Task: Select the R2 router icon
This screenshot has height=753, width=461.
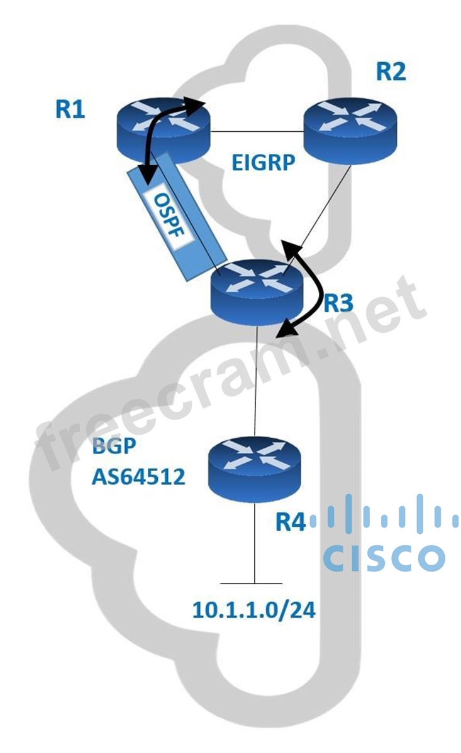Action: click(x=350, y=129)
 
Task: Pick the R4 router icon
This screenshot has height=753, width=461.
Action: click(x=255, y=469)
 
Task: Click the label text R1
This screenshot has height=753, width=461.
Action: click(x=70, y=109)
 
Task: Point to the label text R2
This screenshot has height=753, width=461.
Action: click(x=391, y=72)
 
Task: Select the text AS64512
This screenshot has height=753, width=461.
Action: click(x=138, y=477)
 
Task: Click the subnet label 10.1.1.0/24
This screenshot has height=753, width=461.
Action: click(x=253, y=610)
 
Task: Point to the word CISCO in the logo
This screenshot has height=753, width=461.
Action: click(x=384, y=558)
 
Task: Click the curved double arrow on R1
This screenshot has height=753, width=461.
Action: click(x=157, y=135)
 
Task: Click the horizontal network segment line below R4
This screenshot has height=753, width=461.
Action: click(x=255, y=582)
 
